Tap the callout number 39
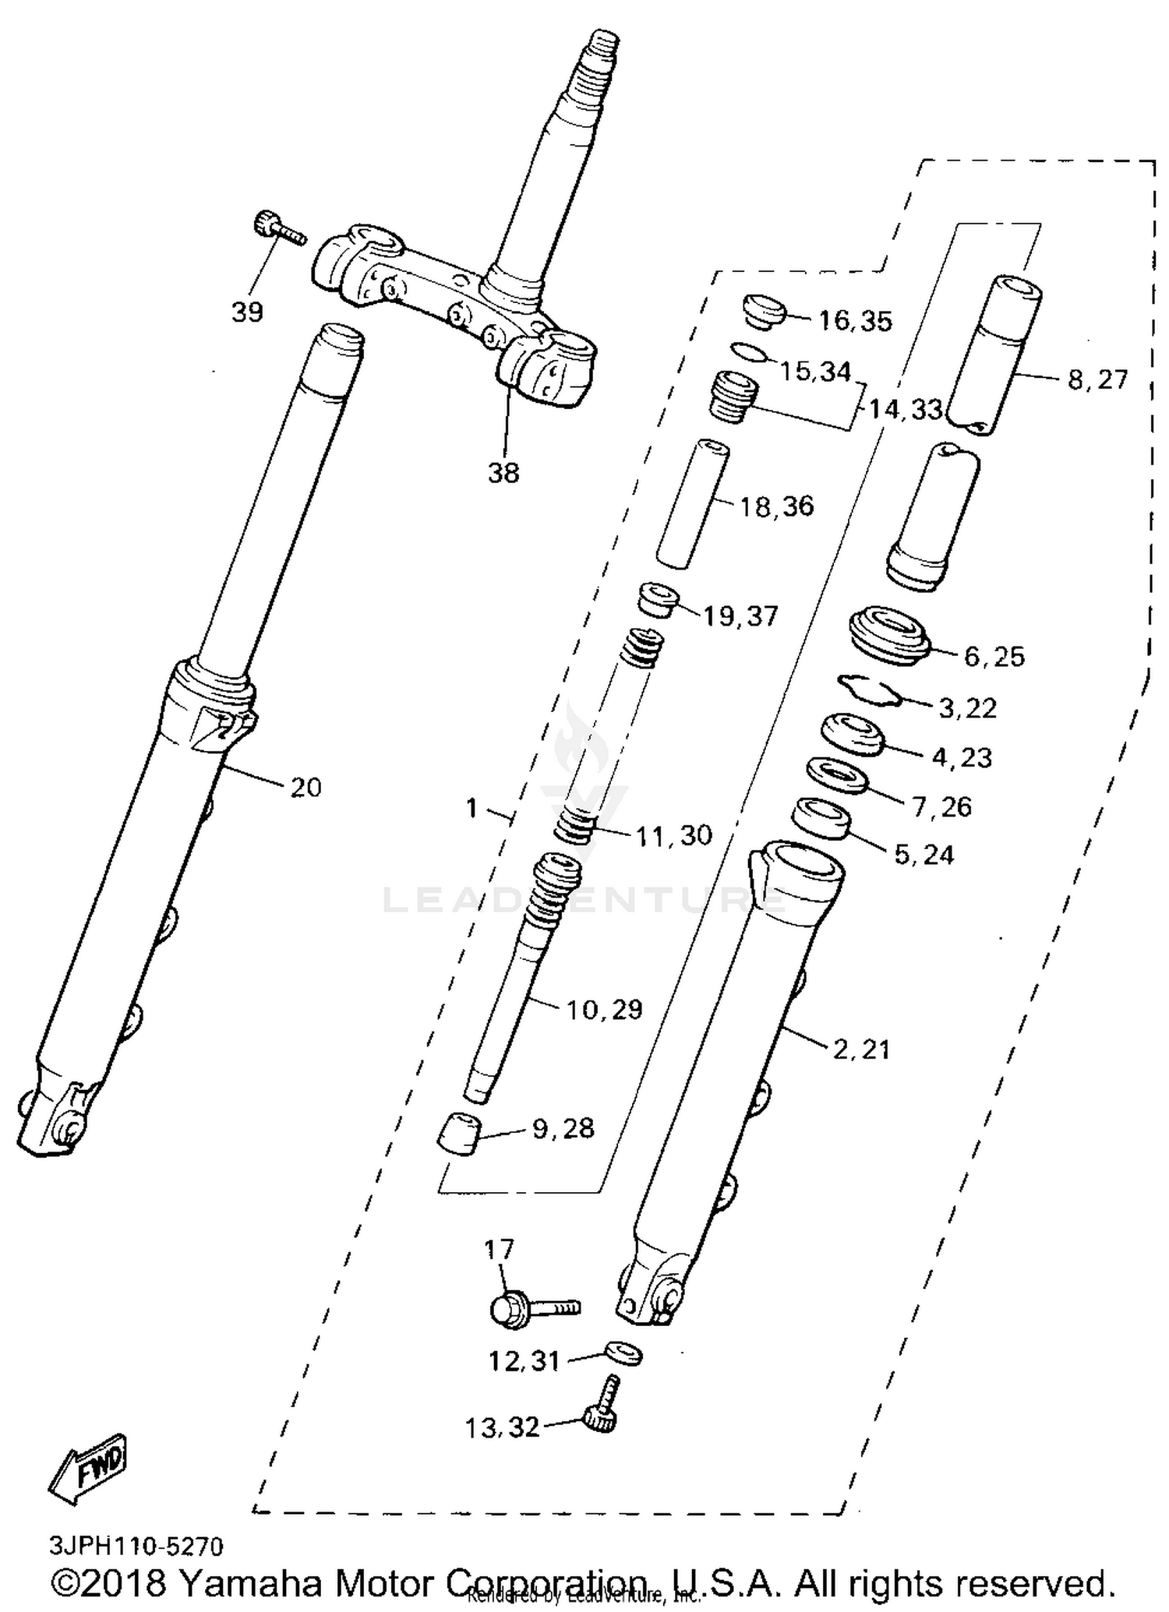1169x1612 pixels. [247, 312]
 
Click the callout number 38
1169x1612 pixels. [503, 472]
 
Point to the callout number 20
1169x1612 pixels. [305, 788]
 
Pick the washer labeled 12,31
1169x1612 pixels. [623, 1353]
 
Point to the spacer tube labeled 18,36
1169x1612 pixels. [692, 504]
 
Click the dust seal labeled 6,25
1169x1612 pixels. [889, 637]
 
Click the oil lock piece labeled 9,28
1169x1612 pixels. [459, 1134]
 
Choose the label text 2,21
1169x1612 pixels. [860, 1049]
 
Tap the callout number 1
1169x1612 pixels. [471, 809]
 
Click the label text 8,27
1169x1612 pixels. [1097, 380]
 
